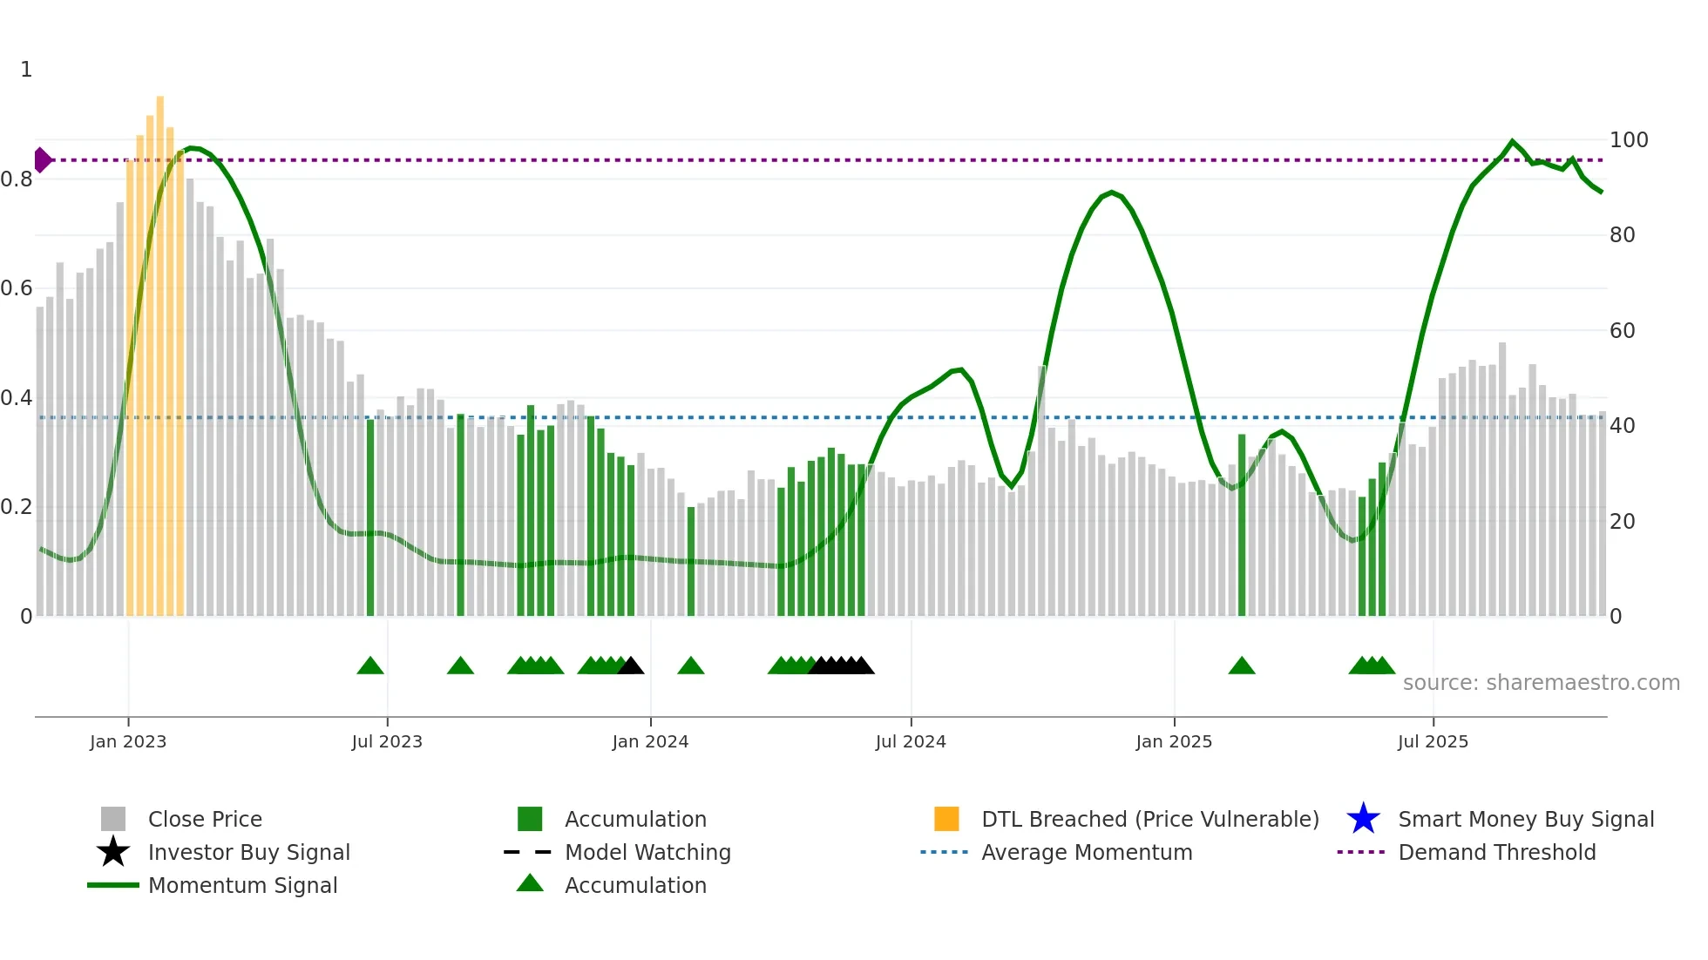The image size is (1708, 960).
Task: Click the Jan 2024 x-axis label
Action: [x=650, y=741]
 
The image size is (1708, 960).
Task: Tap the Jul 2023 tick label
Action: [x=387, y=741]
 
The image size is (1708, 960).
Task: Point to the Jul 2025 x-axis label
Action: [x=1433, y=741]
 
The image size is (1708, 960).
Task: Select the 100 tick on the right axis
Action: [x=1628, y=140]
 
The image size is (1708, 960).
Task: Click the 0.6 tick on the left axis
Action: [x=17, y=288]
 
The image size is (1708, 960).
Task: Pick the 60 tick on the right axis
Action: [x=1622, y=331]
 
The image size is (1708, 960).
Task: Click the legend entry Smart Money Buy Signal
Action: [x=1525, y=819]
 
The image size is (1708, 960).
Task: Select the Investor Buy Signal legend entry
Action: [x=248, y=852]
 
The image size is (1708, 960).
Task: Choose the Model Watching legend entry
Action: [x=647, y=852]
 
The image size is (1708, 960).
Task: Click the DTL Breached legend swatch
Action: [x=946, y=819]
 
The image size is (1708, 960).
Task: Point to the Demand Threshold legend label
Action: [x=1496, y=852]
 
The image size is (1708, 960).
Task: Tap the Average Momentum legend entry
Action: [x=1086, y=852]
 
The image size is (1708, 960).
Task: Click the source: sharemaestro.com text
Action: [x=1541, y=683]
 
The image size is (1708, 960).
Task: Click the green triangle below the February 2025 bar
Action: [x=1242, y=666]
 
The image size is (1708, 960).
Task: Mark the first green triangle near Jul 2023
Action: [x=370, y=666]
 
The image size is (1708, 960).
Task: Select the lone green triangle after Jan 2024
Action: [x=691, y=666]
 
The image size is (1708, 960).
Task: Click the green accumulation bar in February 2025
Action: [x=1242, y=523]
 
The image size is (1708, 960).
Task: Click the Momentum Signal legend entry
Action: [x=242, y=885]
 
